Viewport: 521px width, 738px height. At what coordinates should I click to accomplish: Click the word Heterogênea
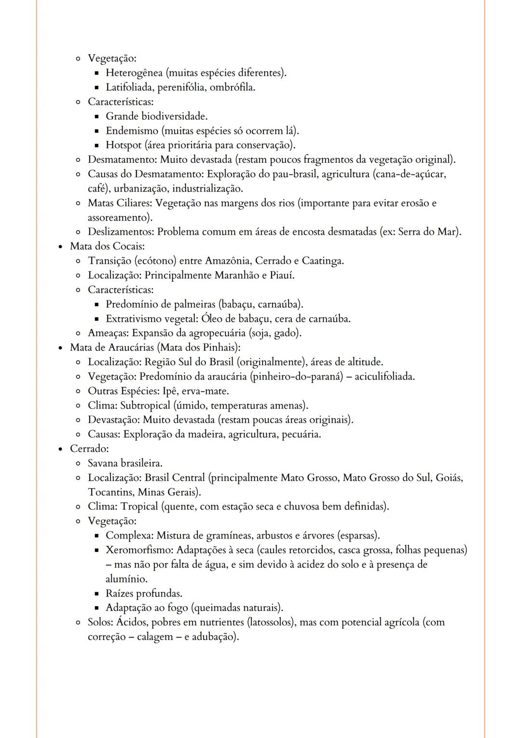134,73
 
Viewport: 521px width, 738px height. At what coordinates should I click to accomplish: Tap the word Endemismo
132,131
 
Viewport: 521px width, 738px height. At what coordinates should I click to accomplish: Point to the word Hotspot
123,145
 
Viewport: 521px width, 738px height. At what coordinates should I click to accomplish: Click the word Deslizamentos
121,232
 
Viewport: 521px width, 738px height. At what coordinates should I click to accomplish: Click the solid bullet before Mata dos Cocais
60,246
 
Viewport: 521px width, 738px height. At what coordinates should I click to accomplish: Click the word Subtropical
145,406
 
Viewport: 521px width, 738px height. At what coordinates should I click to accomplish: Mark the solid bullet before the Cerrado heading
60,449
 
